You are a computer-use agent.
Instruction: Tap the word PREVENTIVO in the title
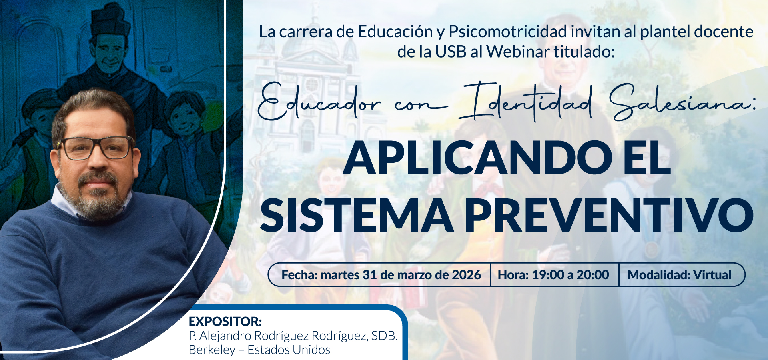point(609,216)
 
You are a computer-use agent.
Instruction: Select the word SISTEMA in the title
point(357,216)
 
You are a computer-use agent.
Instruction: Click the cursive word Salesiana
point(682,102)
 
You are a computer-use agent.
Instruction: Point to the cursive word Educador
point(319,102)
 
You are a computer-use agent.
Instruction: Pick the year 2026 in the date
point(466,275)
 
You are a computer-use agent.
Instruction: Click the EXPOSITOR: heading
point(225,322)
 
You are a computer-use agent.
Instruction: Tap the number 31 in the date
point(370,275)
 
